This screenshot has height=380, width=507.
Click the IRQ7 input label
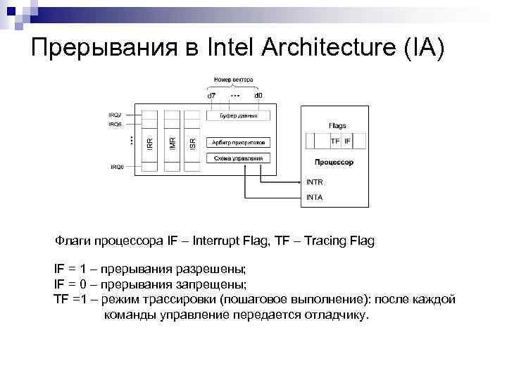click(115, 114)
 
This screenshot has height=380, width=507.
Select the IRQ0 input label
click(116, 167)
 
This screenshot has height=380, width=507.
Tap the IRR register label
click(149, 142)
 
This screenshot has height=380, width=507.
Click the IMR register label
click(172, 142)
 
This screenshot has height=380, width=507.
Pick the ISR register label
click(193, 142)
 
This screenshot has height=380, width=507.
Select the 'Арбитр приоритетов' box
click(237, 142)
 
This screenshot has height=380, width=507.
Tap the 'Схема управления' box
click(237, 158)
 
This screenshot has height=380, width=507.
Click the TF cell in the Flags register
click(335, 141)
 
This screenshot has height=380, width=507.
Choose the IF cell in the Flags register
click(347, 141)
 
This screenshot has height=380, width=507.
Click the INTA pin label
click(315, 197)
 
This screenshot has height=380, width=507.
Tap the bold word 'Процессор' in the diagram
click(334, 163)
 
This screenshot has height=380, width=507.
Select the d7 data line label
click(211, 95)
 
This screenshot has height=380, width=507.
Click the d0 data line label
click(258, 95)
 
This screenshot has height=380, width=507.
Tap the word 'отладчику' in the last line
click(335, 315)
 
